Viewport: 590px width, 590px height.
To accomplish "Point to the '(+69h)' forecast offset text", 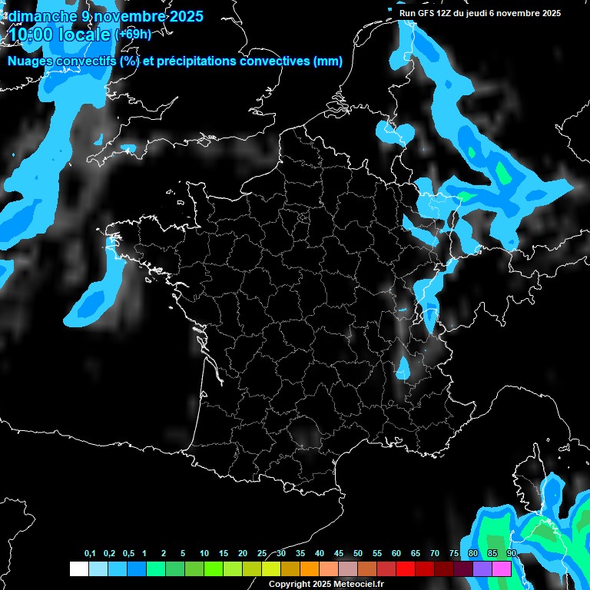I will click(133, 35).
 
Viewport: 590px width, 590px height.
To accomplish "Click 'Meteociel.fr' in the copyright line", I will click(359, 585).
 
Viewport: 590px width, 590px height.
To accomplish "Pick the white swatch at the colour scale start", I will click(78, 569).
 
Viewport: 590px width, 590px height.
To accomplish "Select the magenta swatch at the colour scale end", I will click(502, 569).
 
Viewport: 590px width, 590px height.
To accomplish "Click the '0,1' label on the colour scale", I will click(90, 554).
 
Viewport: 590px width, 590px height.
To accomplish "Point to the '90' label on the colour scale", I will click(511, 554).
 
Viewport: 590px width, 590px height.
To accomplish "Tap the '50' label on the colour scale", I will click(358, 554).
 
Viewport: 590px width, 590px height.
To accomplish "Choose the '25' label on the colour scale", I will click(262, 554).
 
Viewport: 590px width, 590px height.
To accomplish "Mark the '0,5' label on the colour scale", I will click(128, 554).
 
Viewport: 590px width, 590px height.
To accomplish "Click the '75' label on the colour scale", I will click(454, 554).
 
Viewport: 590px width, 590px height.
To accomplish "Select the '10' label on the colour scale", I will click(204, 554).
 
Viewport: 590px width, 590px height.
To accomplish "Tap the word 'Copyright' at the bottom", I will click(290, 585).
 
